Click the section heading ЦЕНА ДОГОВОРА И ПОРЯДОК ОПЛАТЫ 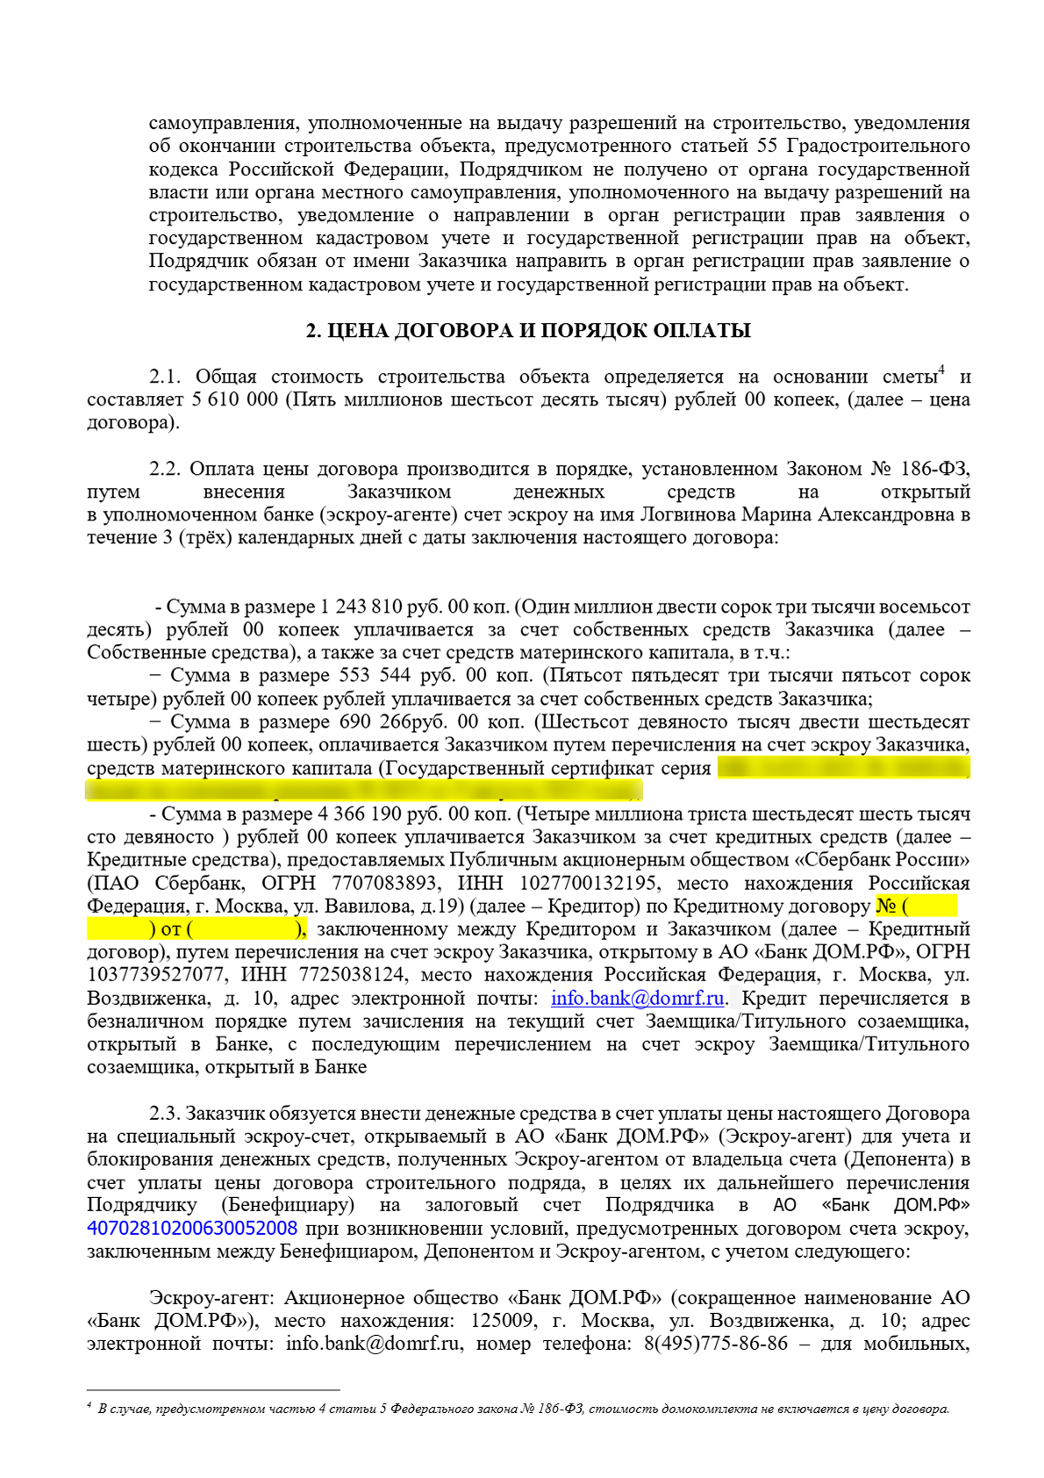(x=528, y=331)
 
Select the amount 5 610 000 (x=234, y=400)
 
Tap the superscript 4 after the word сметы (x=941, y=370)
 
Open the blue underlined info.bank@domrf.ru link (x=637, y=999)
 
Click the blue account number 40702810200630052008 (x=192, y=1229)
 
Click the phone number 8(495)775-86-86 (x=716, y=1344)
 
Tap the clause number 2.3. (x=165, y=1114)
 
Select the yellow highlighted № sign (x=886, y=907)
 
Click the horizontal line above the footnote (x=213, y=1390)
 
